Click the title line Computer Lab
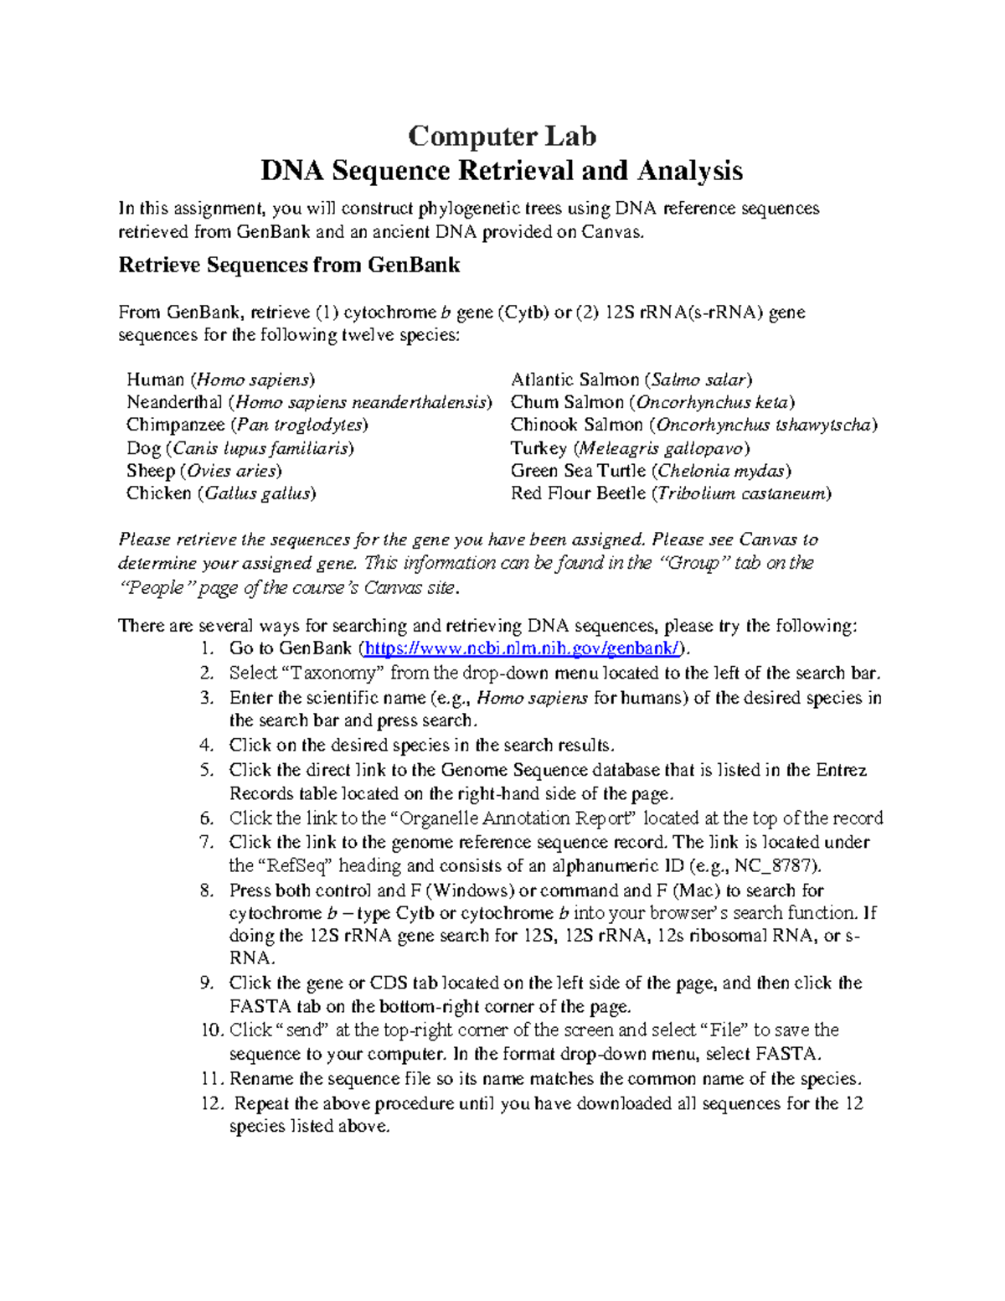tap(502, 136)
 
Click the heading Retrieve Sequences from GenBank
tap(289, 266)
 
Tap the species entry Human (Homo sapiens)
tap(220, 379)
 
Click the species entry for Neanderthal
tap(309, 402)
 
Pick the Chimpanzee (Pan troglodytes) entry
tap(247, 425)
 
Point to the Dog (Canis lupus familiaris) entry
tap(240, 448)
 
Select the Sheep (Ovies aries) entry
tap(204, 471)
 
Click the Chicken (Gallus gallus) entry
tap(221, 493)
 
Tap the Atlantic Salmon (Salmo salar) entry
tap(631, 379)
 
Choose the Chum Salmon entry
tap(652, 402)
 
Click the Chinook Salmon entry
tap(693, 425)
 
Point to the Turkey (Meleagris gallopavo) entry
tap(630, 448)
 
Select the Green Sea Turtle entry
tap(651, 471)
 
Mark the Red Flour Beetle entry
tap(671, 493)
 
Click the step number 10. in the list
tap(212, 1030)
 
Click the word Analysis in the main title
tap(689, 171)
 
